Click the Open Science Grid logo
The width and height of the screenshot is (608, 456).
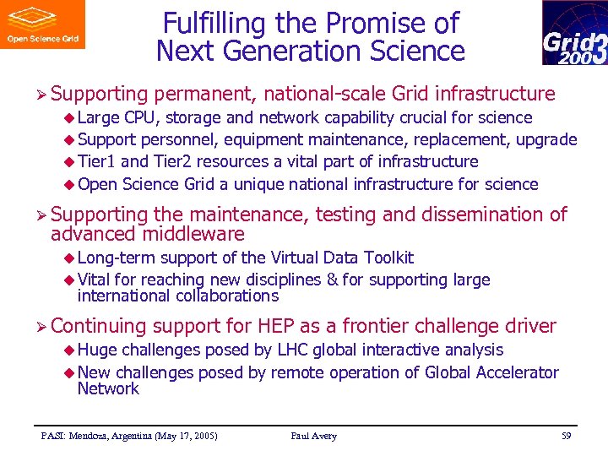[x=42, y=24]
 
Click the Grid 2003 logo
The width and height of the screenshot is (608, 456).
[x=574, y=33]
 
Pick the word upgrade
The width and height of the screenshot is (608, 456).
[x=546, y=139]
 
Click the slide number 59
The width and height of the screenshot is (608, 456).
[x=567, y=436]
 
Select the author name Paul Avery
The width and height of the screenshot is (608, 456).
[x=313, y=436]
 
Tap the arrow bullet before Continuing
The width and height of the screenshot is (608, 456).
[x=41, y=327]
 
